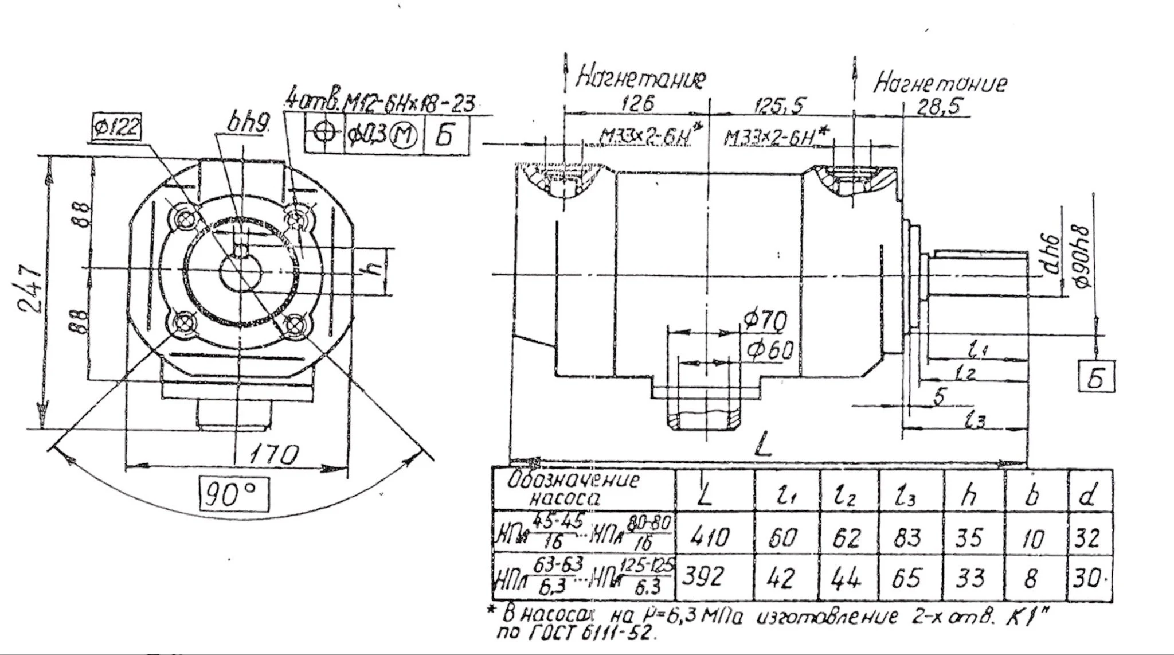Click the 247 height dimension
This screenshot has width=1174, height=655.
pos(28,290)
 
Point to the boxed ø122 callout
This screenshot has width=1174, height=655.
pos(116,127)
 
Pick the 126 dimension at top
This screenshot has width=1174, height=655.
pos(637,104)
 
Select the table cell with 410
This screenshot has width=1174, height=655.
pos(710,537)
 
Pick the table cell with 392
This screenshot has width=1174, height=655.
pos(705,578)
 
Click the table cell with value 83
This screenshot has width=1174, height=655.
pos(908,537)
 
